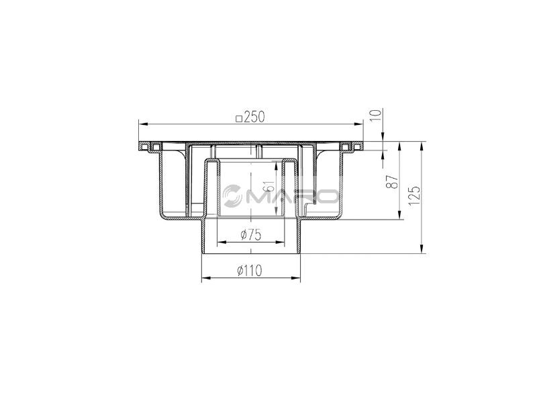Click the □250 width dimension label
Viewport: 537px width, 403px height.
tap(250, 116)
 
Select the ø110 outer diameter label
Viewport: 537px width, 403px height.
tap(250, 271)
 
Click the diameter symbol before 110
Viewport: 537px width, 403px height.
tap(240, 271)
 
